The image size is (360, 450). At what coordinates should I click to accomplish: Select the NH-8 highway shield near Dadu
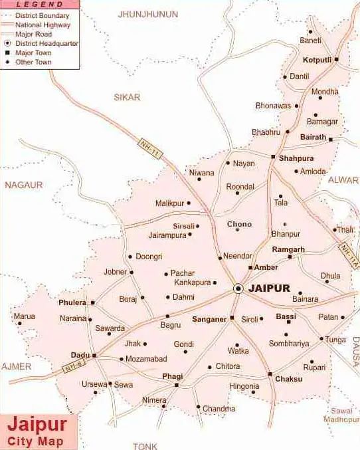74,366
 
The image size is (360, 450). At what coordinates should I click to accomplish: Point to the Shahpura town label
296,158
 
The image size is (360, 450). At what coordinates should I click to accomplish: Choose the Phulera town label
72,302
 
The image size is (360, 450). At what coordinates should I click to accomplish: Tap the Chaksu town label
290,379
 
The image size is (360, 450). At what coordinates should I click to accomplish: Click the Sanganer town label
209,319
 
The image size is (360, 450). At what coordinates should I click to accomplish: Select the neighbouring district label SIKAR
127,97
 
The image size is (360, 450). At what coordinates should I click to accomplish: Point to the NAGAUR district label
24,185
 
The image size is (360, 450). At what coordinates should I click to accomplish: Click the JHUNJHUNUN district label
148,14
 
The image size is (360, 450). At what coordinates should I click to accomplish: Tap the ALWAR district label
343,179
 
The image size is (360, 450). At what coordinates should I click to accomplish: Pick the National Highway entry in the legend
41,25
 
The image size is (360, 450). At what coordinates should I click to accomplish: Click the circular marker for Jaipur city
238,288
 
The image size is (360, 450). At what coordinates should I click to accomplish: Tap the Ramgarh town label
288,249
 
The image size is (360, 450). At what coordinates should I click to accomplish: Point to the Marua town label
24,316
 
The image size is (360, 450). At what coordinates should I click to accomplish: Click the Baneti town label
310,41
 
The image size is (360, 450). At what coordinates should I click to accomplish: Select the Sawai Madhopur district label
341,415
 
